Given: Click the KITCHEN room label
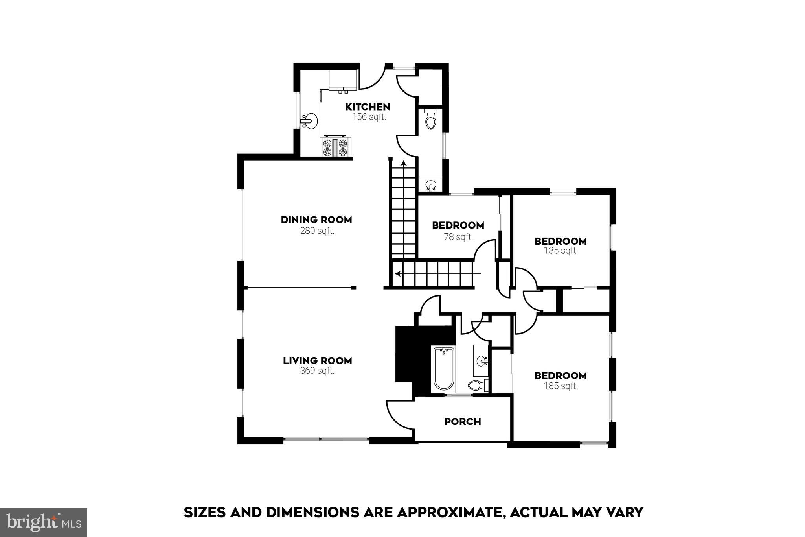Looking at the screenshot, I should coord(368,107).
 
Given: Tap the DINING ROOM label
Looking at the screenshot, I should coord(316,220).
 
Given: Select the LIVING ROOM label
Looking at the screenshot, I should coord(317,360).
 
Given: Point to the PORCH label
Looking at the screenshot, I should coord(463,421).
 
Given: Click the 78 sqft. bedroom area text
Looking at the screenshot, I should coord(458,237).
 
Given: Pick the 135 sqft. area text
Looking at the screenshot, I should coord(561,251).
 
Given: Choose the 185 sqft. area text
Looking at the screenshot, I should coord(561,386).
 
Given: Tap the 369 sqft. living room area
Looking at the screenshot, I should coord(317,371).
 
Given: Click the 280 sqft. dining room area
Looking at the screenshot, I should coord(317,231).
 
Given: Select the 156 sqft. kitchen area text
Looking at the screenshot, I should coord(369,117).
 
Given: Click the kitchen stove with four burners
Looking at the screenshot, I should coord(335,148).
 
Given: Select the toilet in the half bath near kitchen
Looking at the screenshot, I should coord(431,119).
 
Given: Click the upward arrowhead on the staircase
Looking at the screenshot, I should coord(403,162).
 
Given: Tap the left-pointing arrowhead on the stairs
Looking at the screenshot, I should coord(398,274).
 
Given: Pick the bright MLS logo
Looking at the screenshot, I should coord(43,522).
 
